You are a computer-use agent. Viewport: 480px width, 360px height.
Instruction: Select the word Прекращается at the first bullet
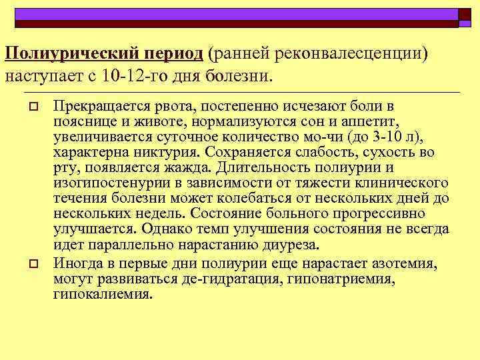[95, 106]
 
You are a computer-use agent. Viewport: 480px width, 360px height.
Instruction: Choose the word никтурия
[173, 152]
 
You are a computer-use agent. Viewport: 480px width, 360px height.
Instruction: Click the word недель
[164, 213]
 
